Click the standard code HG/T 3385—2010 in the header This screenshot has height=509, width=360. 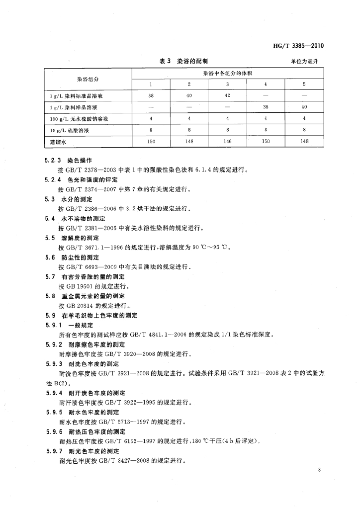click(298, 46)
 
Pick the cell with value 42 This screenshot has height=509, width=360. click(227, 95)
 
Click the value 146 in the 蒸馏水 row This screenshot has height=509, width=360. click(227, 141)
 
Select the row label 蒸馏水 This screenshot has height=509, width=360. click(57, 142)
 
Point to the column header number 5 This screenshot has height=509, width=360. click(304, 84)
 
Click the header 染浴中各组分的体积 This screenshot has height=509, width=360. click(228, 74)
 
